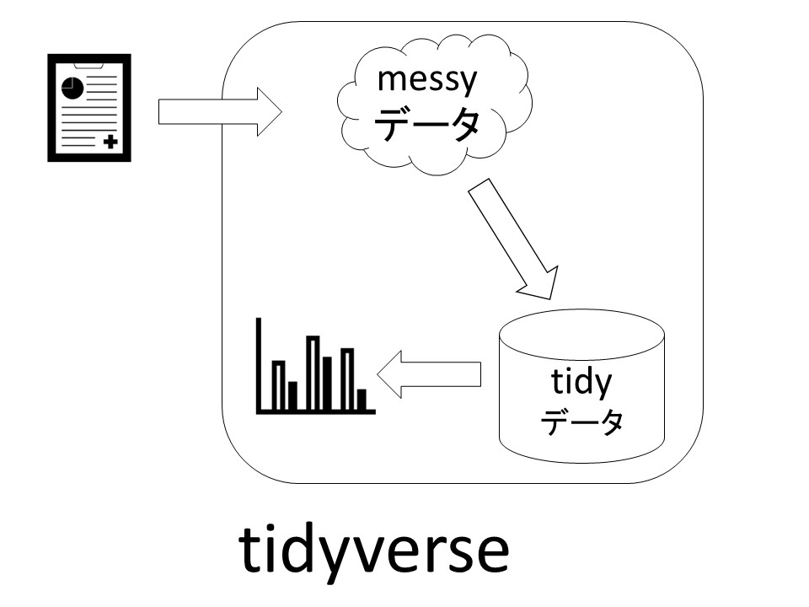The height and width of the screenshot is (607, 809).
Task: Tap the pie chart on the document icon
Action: [x=72, y=87]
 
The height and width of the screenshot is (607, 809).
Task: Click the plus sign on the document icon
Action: [x=110, y=142]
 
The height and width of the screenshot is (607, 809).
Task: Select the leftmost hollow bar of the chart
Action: [x=278, y=384]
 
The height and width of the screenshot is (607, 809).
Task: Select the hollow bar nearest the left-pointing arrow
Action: [x=346, y=379]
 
